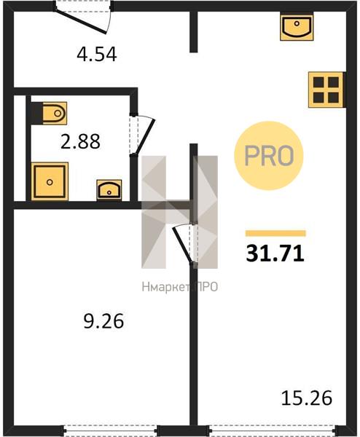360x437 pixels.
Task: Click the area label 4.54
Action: click(x=97, y=55)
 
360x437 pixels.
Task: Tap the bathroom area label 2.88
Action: click(x=80, y=141)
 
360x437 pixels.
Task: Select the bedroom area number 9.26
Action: click(x=103, y=321)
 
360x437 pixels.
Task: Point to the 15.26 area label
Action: click(x=307, y=398)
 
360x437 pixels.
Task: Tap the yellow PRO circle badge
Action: click(x=268, y=156)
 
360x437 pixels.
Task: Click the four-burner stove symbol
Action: click(x=326, y=90)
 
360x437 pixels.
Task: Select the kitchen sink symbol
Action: click(x=297, y=27)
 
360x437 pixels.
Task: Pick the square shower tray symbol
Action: click(x=50, y=181)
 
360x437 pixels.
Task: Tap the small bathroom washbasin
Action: click(x=109, y=190)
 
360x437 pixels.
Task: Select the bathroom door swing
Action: click(x=144, y=136)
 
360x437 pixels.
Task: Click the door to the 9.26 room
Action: click(x=182, y=244)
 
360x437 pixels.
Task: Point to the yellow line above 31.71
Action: click(x=275, y=233)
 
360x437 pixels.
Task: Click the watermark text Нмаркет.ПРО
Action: click(x=179, y=287)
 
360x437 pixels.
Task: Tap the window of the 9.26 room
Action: click(x=109, y=430)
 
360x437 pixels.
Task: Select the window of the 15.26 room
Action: click(x=272, y=430)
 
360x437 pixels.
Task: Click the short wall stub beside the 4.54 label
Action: click(x=194, y=31)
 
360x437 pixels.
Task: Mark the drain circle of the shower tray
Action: click(x=50, y=182)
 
